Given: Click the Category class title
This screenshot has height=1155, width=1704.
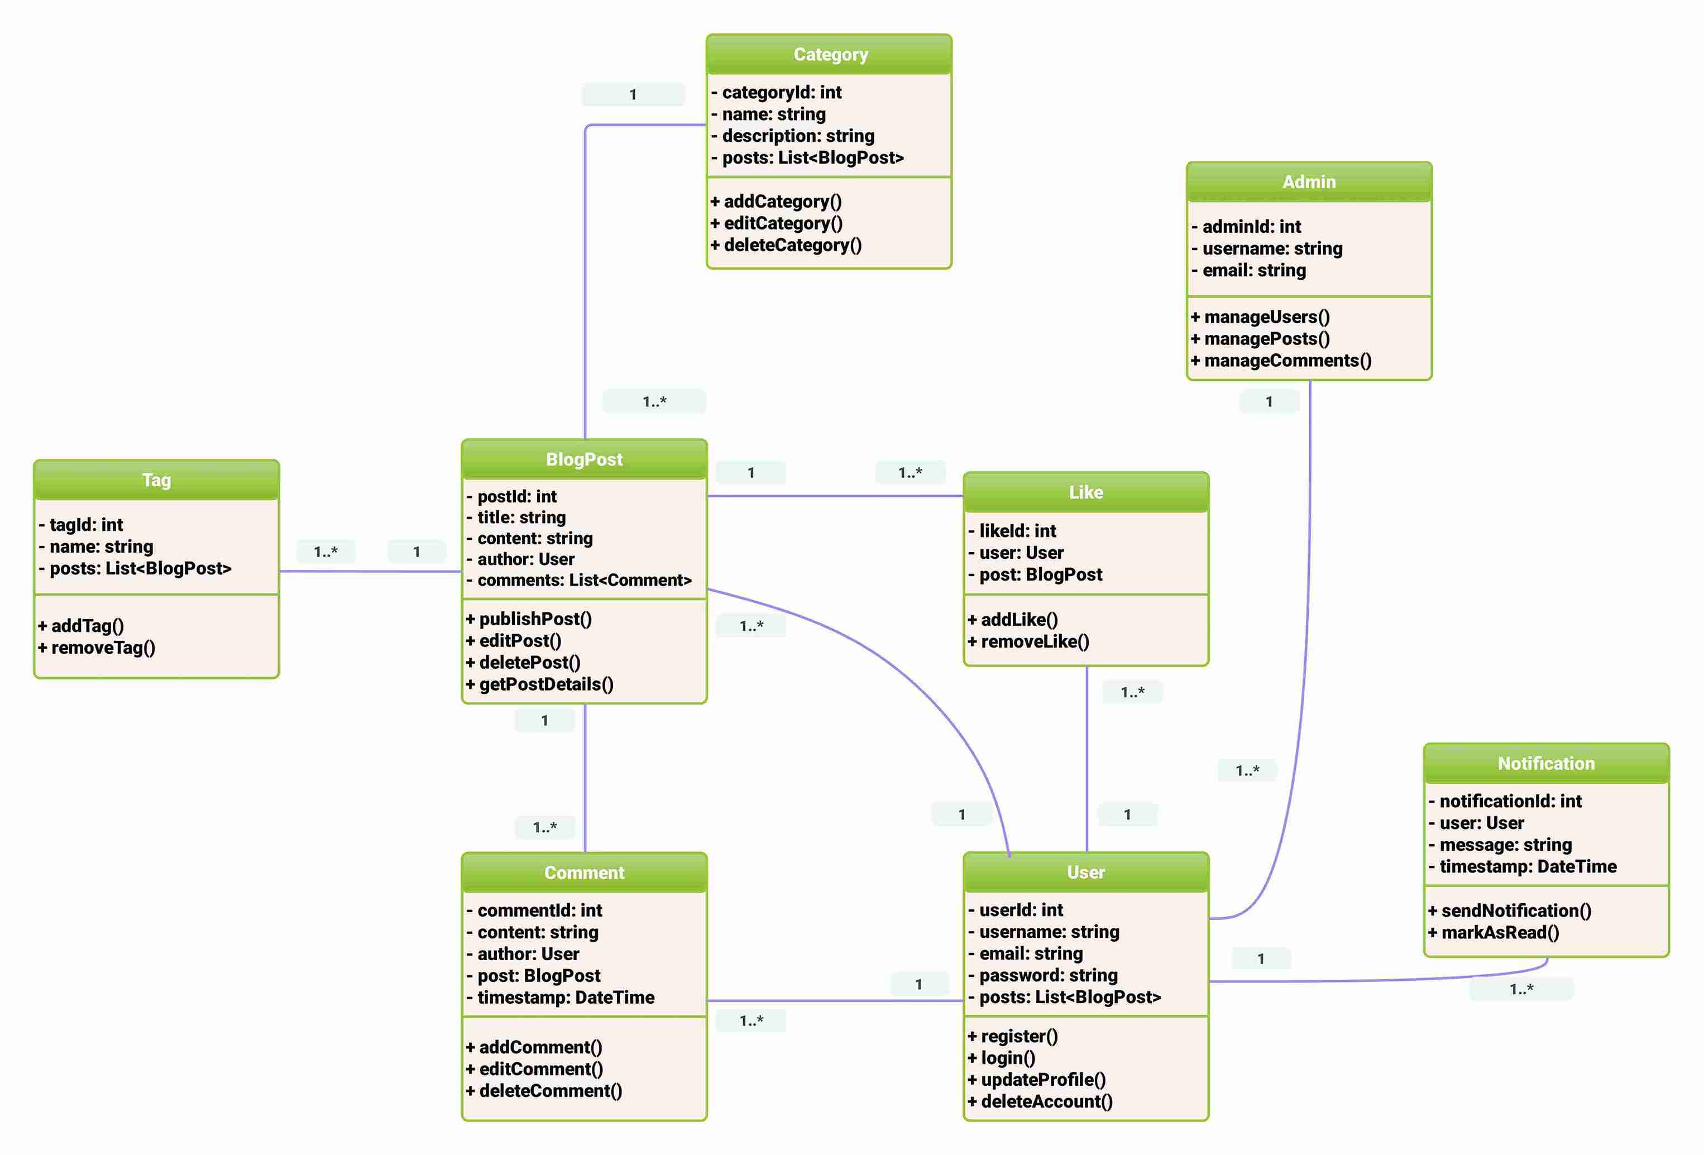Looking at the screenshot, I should [830, 54].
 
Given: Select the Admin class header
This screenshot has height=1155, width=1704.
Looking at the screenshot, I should [1309, 182].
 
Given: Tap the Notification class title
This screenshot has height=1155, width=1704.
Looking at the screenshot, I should [1545, 764].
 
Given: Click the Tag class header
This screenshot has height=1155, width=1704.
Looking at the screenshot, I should [156, 480].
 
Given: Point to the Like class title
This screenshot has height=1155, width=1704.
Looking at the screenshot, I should [1085, 492].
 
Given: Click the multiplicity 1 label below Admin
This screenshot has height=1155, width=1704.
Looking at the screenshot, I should [1269, 402].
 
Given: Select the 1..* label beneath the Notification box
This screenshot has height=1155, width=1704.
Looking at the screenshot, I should [1521, 989].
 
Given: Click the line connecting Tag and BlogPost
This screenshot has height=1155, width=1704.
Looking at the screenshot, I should [370, 571].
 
